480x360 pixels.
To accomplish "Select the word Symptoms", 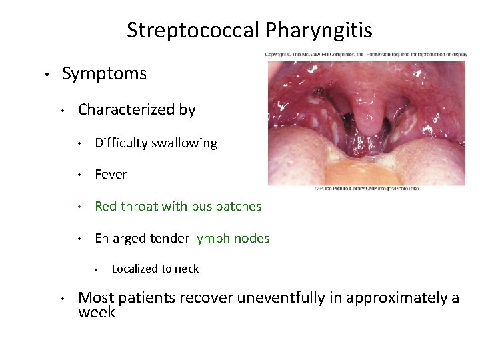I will pyautogui.click(x=104, y=73).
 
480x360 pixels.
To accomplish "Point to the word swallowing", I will pyautogui.click(x=185, y=143).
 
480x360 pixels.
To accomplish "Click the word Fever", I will pyautogui.click(x=111, y=175).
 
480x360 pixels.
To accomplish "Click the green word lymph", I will pyautogui.click(x=211, y=238).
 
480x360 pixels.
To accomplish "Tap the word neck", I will pyautogui.click(x=187, y=269).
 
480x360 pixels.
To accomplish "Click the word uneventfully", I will pyautogui.click(x=277, y=297).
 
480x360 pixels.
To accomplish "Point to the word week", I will pyautogui.click(x=97, y=312).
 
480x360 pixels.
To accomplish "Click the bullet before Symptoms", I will pyautogui.click(x=45, y=74).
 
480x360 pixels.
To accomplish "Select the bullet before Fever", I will pyautogui.click(x=79, y=175).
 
